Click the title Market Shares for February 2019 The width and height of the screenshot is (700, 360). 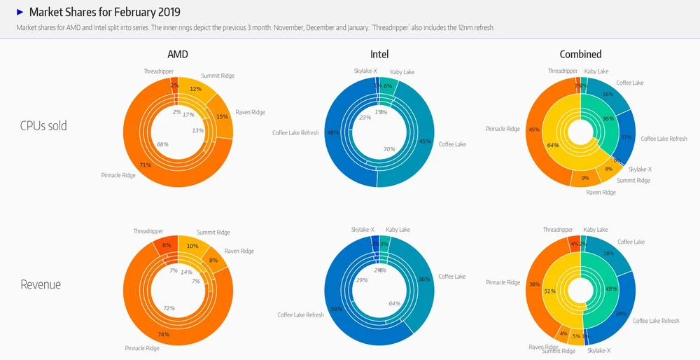pyautogui.click(x=104, y=12)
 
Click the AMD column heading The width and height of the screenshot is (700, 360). pyautogui.click(x=178, y=54)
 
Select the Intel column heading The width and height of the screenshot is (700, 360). pyautogui.click(x=379, y=54)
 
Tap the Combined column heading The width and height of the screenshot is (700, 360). pyautogui.click(x=580, y=54)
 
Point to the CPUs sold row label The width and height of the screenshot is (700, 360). pyautogui.click(x=49, y=126)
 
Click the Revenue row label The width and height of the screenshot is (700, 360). pyautogui.click(x=41, y=284)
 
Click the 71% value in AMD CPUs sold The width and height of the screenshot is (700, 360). pyautogui.click(x=146, y=165)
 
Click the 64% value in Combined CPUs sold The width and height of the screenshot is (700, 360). pyautogui.click(x=553, y=146)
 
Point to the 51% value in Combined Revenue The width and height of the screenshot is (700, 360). pyautogui.click(x=549, y=291)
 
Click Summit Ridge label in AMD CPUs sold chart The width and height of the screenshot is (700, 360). pyautogui.click(x=218, y=76)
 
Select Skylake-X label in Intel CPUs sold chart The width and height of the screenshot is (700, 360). pyautogui.click(x=365, y=71)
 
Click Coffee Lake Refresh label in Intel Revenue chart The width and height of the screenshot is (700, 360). pyautogui.click(x=300, y=315)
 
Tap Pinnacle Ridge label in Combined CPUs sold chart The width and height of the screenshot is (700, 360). pyautogui.click(x=503, y=129)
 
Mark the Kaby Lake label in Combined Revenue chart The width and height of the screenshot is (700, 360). pyautogui.click(x=596, y=230)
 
